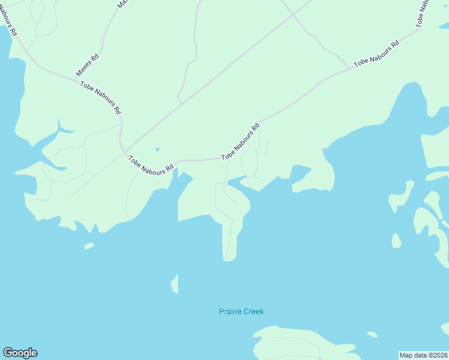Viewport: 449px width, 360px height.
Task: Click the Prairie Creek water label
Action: (x=241, y=311)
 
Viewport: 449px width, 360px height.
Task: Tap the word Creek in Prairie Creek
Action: (x=253, y=311)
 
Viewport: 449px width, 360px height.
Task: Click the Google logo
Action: (x=20, y=353)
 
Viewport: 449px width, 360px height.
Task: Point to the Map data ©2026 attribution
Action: (x=424, y=355)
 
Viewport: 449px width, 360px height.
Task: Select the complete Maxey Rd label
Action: (x=87, y=65)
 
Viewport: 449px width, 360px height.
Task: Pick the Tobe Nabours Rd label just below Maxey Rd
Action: (x=101, y=97)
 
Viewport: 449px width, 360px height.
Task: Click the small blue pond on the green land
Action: (x=157, y=149)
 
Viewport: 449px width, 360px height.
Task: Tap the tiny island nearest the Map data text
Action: (x=373, y=334)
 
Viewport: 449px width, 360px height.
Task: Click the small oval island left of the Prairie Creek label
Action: (x=89, y=245)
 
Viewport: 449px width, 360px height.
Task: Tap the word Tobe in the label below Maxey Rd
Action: (x=87, y=85)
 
